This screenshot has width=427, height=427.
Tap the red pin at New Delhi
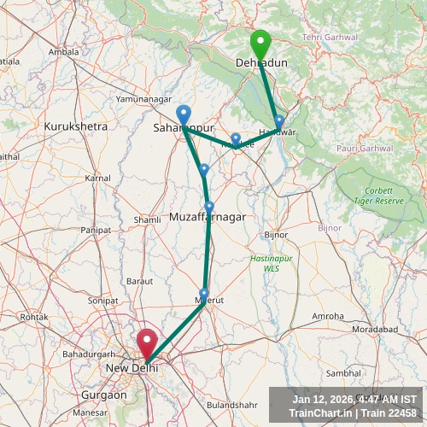[x=147, y=344]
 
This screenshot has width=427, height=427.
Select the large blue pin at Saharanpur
[x=184, y=115]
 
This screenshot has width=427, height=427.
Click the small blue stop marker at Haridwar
[x=278, y=122]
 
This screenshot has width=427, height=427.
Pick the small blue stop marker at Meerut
[x=203, y=295]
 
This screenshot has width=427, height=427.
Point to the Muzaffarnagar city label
[x=208, y=217]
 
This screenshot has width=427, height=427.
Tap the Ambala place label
[x=63, y=52]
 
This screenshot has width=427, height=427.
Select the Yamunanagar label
[x=143, y=99]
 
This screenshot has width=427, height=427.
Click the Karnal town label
[x=97, y=178]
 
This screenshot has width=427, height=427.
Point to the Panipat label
[x=96, y=231]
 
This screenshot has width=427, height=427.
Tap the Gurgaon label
[x=103, y=396]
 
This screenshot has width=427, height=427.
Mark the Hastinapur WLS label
[x=265, y=263]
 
